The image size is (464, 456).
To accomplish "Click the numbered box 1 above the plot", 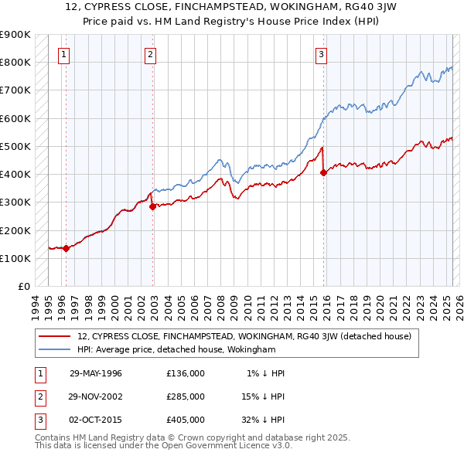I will click(63, 54).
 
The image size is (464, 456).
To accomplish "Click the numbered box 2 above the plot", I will click(149, 54).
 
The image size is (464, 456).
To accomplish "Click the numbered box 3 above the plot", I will click(321, 54).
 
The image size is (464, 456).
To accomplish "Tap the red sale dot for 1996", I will click(67, 248).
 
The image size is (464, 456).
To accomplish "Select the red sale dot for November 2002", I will click(152, 206).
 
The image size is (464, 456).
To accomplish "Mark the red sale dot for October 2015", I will click(323, 173).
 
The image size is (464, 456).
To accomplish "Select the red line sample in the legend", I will click(55, 336).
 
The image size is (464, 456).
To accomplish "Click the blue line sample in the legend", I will click(55, 349).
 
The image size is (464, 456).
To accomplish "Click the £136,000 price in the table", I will click(186, 373).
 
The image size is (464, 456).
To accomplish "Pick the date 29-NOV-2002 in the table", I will click(96, 396).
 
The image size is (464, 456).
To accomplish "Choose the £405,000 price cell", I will click(186, 420).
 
